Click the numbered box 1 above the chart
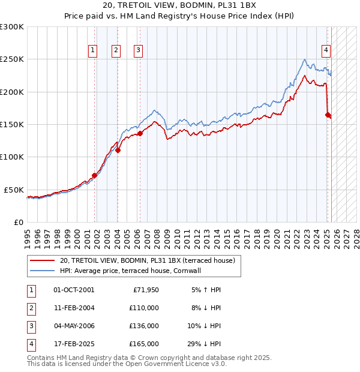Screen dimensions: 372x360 (x=94, y=51)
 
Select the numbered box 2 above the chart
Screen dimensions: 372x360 (x=116, y=51)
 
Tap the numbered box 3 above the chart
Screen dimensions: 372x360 (x=138, y=51)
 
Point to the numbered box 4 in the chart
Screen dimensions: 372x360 (x=326, y=51)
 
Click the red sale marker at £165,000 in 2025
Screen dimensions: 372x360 (x=328, y=115)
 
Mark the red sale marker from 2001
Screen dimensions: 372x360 (x=94, y=175)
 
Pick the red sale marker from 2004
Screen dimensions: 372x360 (x=118, y=151)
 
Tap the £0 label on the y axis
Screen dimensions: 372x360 (x=19, y=222)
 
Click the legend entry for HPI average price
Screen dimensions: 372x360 (x=130, y=271)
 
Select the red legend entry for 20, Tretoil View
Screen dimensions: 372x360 (x=150, y=260)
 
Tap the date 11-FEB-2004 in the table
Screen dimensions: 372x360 (x=74, y=308)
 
